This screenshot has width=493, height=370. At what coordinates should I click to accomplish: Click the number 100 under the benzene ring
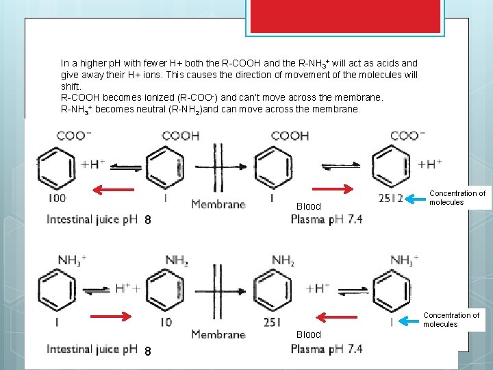[x=58, y=199]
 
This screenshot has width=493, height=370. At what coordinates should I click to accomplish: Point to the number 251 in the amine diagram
[x=273, y=322]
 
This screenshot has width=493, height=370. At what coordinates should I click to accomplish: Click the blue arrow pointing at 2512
[x=415, y=199]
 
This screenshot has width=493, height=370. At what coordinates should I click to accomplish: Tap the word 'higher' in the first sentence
[x=86, y=63]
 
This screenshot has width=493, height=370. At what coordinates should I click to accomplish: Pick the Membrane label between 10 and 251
[x=218, y=334]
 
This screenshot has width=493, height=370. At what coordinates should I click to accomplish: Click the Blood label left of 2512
[x=308, y=206]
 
